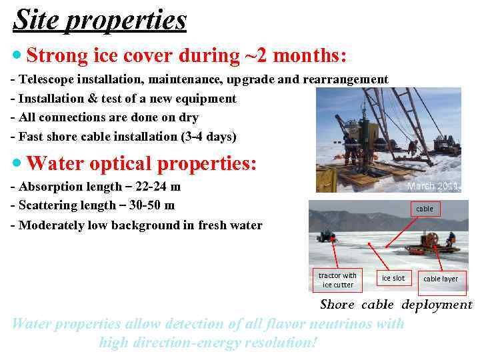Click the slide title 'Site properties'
pos(100,20)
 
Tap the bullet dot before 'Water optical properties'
pos(18,163)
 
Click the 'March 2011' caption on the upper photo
pos(433,186)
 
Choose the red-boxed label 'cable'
pos(425,209)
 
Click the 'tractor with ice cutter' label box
pos(337,280)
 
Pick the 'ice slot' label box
pos(393,278)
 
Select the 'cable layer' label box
pos(441,279)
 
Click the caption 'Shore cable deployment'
pos(396,305)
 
